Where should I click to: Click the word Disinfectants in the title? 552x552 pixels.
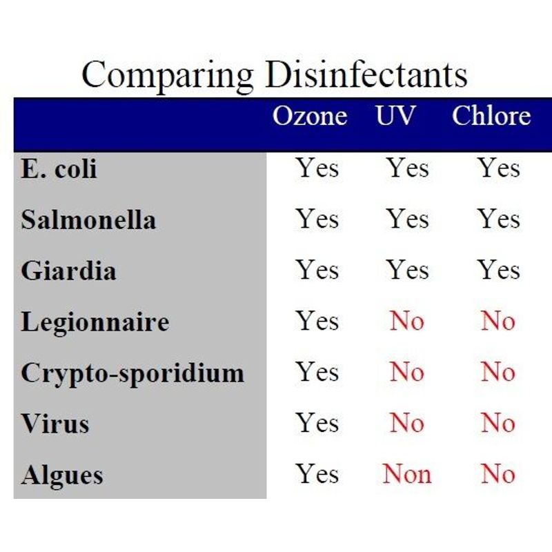coord(366,74)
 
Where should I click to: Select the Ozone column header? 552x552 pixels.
coord(310,115)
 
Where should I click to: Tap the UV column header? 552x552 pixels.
coord(395,115)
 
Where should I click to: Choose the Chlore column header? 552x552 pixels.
coord(491,115)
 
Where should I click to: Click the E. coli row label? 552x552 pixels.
coord(59,168)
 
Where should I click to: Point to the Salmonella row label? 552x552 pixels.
coord(88,219)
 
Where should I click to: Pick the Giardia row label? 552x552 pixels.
coord(68,270)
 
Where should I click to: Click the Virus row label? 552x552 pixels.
coord(55,424)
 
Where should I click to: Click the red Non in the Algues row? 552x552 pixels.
coord(407,474)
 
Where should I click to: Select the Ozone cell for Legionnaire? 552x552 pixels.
coord(317,321)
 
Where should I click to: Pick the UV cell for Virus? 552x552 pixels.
coord(407,423)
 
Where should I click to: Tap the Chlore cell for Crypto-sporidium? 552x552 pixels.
coord(498,372)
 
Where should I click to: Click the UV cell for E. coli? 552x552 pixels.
coord(408,168)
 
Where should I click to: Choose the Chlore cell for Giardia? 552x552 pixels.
coord(498,270)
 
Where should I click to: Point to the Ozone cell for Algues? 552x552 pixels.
coord(317,474)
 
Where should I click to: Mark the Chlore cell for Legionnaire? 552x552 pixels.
coord(498,321)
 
